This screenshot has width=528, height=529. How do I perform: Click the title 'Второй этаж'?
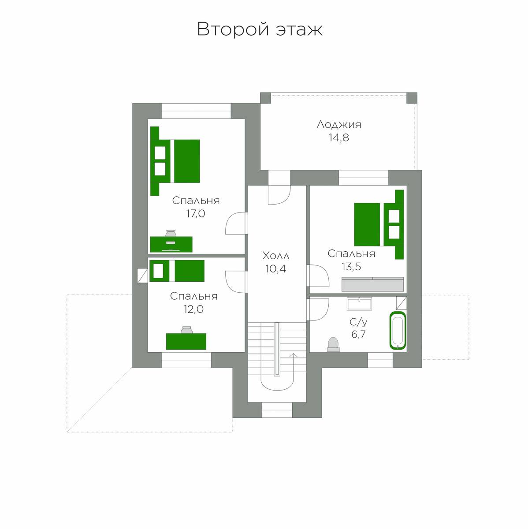260,29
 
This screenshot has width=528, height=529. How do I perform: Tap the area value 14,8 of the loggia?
339,137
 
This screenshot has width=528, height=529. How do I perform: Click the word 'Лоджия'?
339,125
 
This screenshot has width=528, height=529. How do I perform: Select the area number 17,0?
196,213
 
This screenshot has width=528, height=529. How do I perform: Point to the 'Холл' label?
275,256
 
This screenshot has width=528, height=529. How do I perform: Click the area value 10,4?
275,269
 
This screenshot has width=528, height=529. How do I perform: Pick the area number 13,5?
351,266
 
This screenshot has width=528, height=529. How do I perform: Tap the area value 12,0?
193,309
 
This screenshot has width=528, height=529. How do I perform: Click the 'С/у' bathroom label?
358,322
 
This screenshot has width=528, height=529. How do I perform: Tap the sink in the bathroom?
359,304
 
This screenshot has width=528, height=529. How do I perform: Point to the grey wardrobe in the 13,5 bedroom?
372,284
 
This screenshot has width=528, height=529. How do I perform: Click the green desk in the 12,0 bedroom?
186,342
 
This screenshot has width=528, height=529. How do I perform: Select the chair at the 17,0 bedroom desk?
171,233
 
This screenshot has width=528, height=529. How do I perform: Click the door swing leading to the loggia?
279,195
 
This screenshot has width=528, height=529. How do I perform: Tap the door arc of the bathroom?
318,309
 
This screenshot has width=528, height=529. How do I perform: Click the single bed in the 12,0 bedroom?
177,271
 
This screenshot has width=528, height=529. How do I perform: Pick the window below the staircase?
276,410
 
